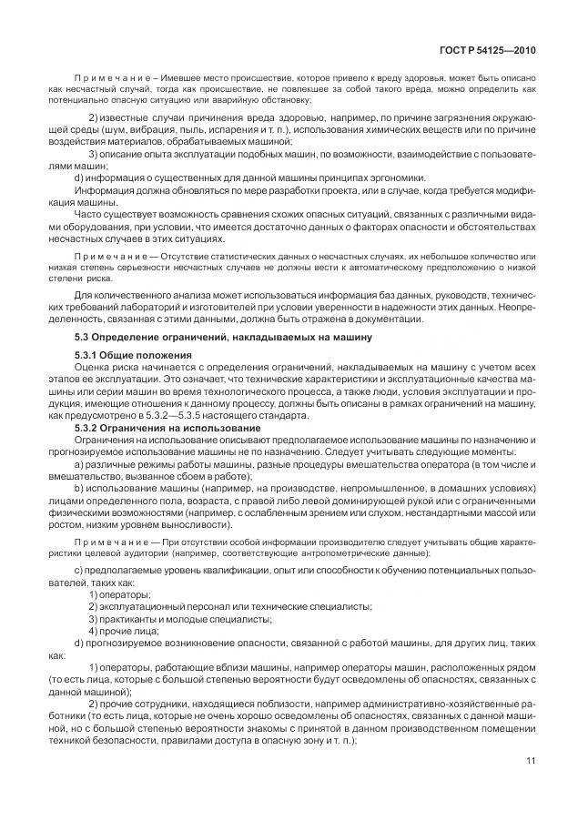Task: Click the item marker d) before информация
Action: (80, 177)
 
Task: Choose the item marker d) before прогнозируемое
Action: (80, 644)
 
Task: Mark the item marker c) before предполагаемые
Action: (80, 569)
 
